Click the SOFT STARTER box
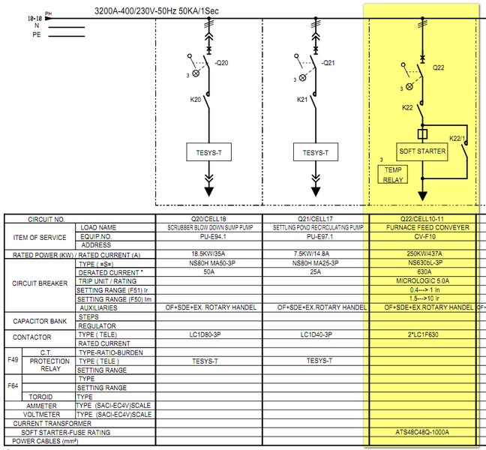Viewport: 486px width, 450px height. click(x=423, y=151)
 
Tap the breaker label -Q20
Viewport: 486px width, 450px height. click(x=220, y=63)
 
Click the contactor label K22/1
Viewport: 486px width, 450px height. click(x=459, y=139)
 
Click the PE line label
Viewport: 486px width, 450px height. click(x=37, y=34)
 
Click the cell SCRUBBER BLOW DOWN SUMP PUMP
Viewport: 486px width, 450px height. click(x=208, y=227)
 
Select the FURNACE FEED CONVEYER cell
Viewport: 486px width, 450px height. click(x=425, y=227)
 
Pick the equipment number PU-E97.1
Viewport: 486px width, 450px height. click(x=316, y=236)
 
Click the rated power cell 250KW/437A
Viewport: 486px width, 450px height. click(x=425, y=255)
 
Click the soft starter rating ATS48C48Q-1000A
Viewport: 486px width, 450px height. click(x=425, y=433)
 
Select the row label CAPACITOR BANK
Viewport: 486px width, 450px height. click(x=38, y=321)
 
